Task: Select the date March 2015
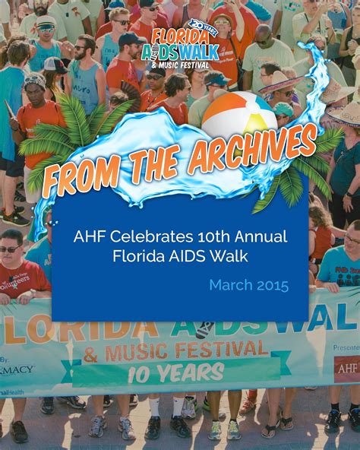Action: coord(249,286)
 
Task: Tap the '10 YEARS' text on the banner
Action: coord(177,372)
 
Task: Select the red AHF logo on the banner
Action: coord(347,366)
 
